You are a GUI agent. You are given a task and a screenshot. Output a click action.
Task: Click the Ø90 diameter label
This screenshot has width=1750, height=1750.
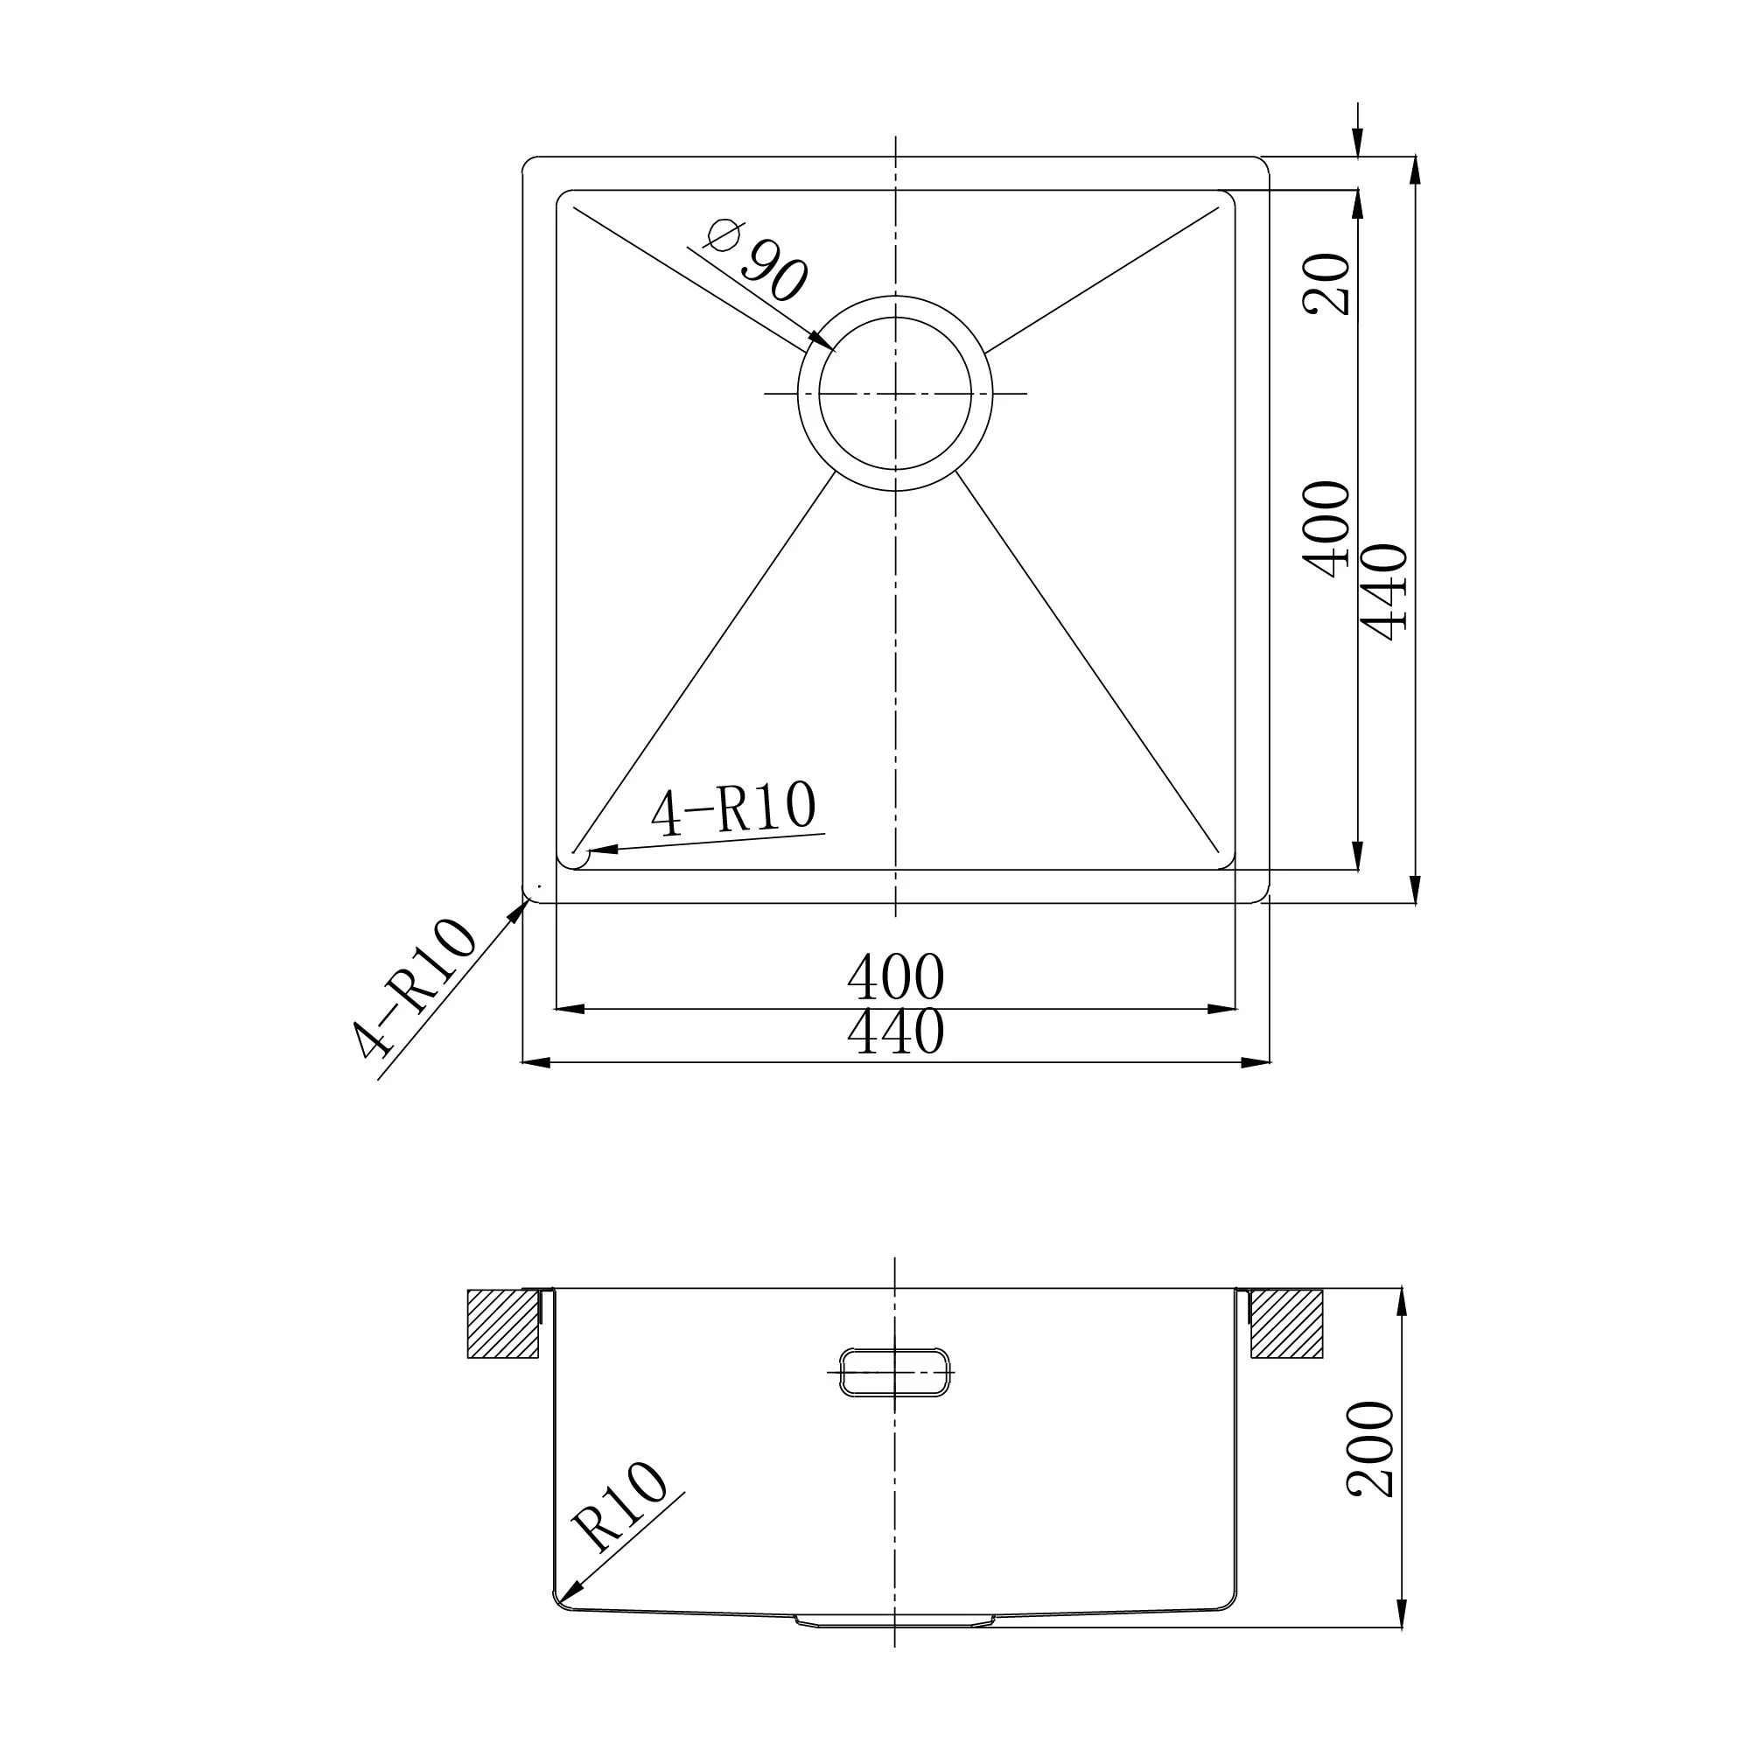(x=754, y=260)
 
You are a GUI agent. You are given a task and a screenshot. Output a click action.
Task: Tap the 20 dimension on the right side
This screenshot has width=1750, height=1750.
(x=1327, y=283)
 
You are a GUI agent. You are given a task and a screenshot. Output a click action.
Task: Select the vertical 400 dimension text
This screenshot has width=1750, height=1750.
(x=1327, y=529)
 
